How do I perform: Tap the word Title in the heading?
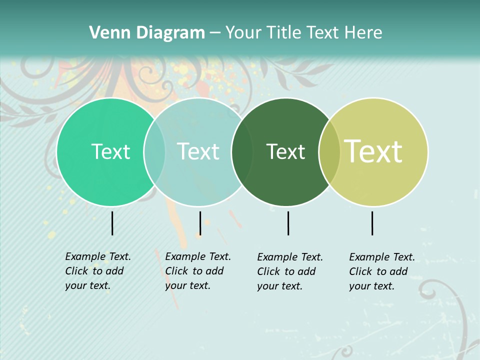[284, 32]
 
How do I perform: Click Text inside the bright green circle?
[110, 151]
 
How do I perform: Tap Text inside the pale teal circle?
[198, 151]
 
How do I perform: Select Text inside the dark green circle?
[285, 151]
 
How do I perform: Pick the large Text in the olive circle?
[373, 151]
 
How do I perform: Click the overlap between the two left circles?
[154, 152]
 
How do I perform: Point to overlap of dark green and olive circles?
[329, 152]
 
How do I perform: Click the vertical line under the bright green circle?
[112, 223]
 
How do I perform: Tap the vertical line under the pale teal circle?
[200, 223]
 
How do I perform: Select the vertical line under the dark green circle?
[288, 223]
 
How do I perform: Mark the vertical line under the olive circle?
[372, 223]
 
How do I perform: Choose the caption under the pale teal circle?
[197, 271]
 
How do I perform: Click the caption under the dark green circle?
[289, 271]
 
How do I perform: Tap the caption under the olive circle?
[381, 271]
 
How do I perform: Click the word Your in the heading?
[244, 32]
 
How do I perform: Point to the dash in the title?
[215, 33]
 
